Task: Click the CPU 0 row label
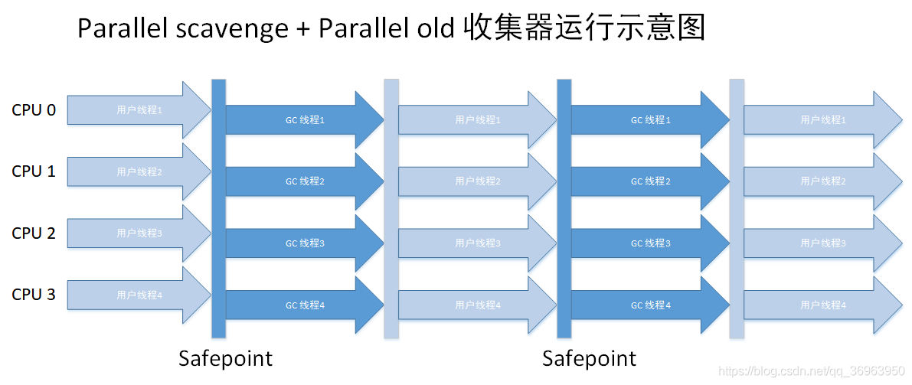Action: [34, 110]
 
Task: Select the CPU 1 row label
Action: [34, 171]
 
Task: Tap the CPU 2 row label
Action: [34, 233]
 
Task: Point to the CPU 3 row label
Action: [34, 295]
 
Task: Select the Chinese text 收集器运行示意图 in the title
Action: [583, 29]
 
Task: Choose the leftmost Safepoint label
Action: [225, 358]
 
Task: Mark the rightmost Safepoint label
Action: [589, 358]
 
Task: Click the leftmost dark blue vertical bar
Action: [218, 208]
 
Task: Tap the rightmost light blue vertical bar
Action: [737, 208]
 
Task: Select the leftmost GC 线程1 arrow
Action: [305, 120]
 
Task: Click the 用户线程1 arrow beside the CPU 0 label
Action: [138, 110]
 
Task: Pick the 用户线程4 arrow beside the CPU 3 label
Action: [138, 295]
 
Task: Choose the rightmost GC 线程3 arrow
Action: [649, 243]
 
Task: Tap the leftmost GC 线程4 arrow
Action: [305, 305]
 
